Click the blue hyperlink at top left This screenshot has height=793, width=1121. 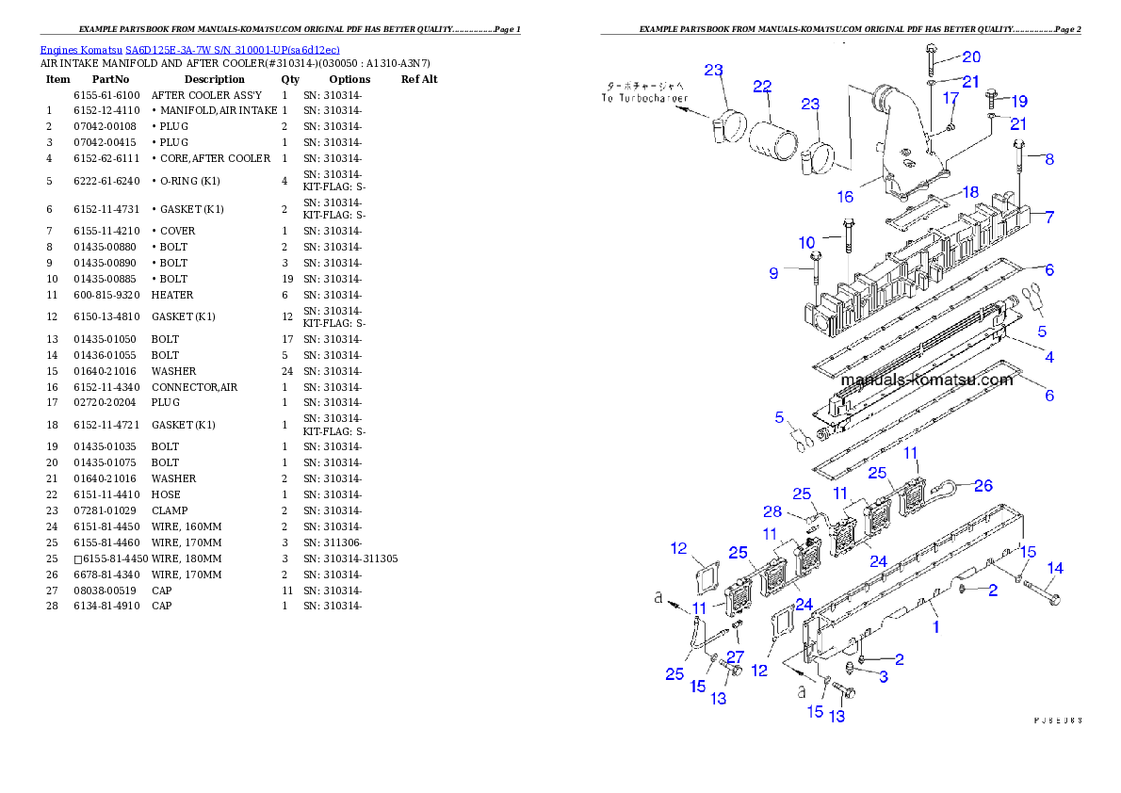[x=189, y=50]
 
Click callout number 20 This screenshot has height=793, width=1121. [x=970, y=57]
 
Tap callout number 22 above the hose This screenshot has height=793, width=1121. [x=762, y=86]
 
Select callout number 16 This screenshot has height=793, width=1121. [x=845, y=196]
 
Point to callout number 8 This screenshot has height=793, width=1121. [x=1048, y=159]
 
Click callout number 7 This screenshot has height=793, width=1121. [x=1048, y=218]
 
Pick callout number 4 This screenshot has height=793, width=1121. [x=1048, y=357]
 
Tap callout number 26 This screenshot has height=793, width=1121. [x=983, y=486]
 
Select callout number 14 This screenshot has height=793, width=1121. [x=1055, y=568]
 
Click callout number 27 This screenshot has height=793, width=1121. [x=736, y=656]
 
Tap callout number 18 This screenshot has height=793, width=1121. [x=969, y=192]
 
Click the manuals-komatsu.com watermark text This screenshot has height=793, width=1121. [x=926, y=380]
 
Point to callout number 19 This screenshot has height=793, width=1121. [x=1018, y=101]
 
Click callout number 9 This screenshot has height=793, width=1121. [x=773, y=273]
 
